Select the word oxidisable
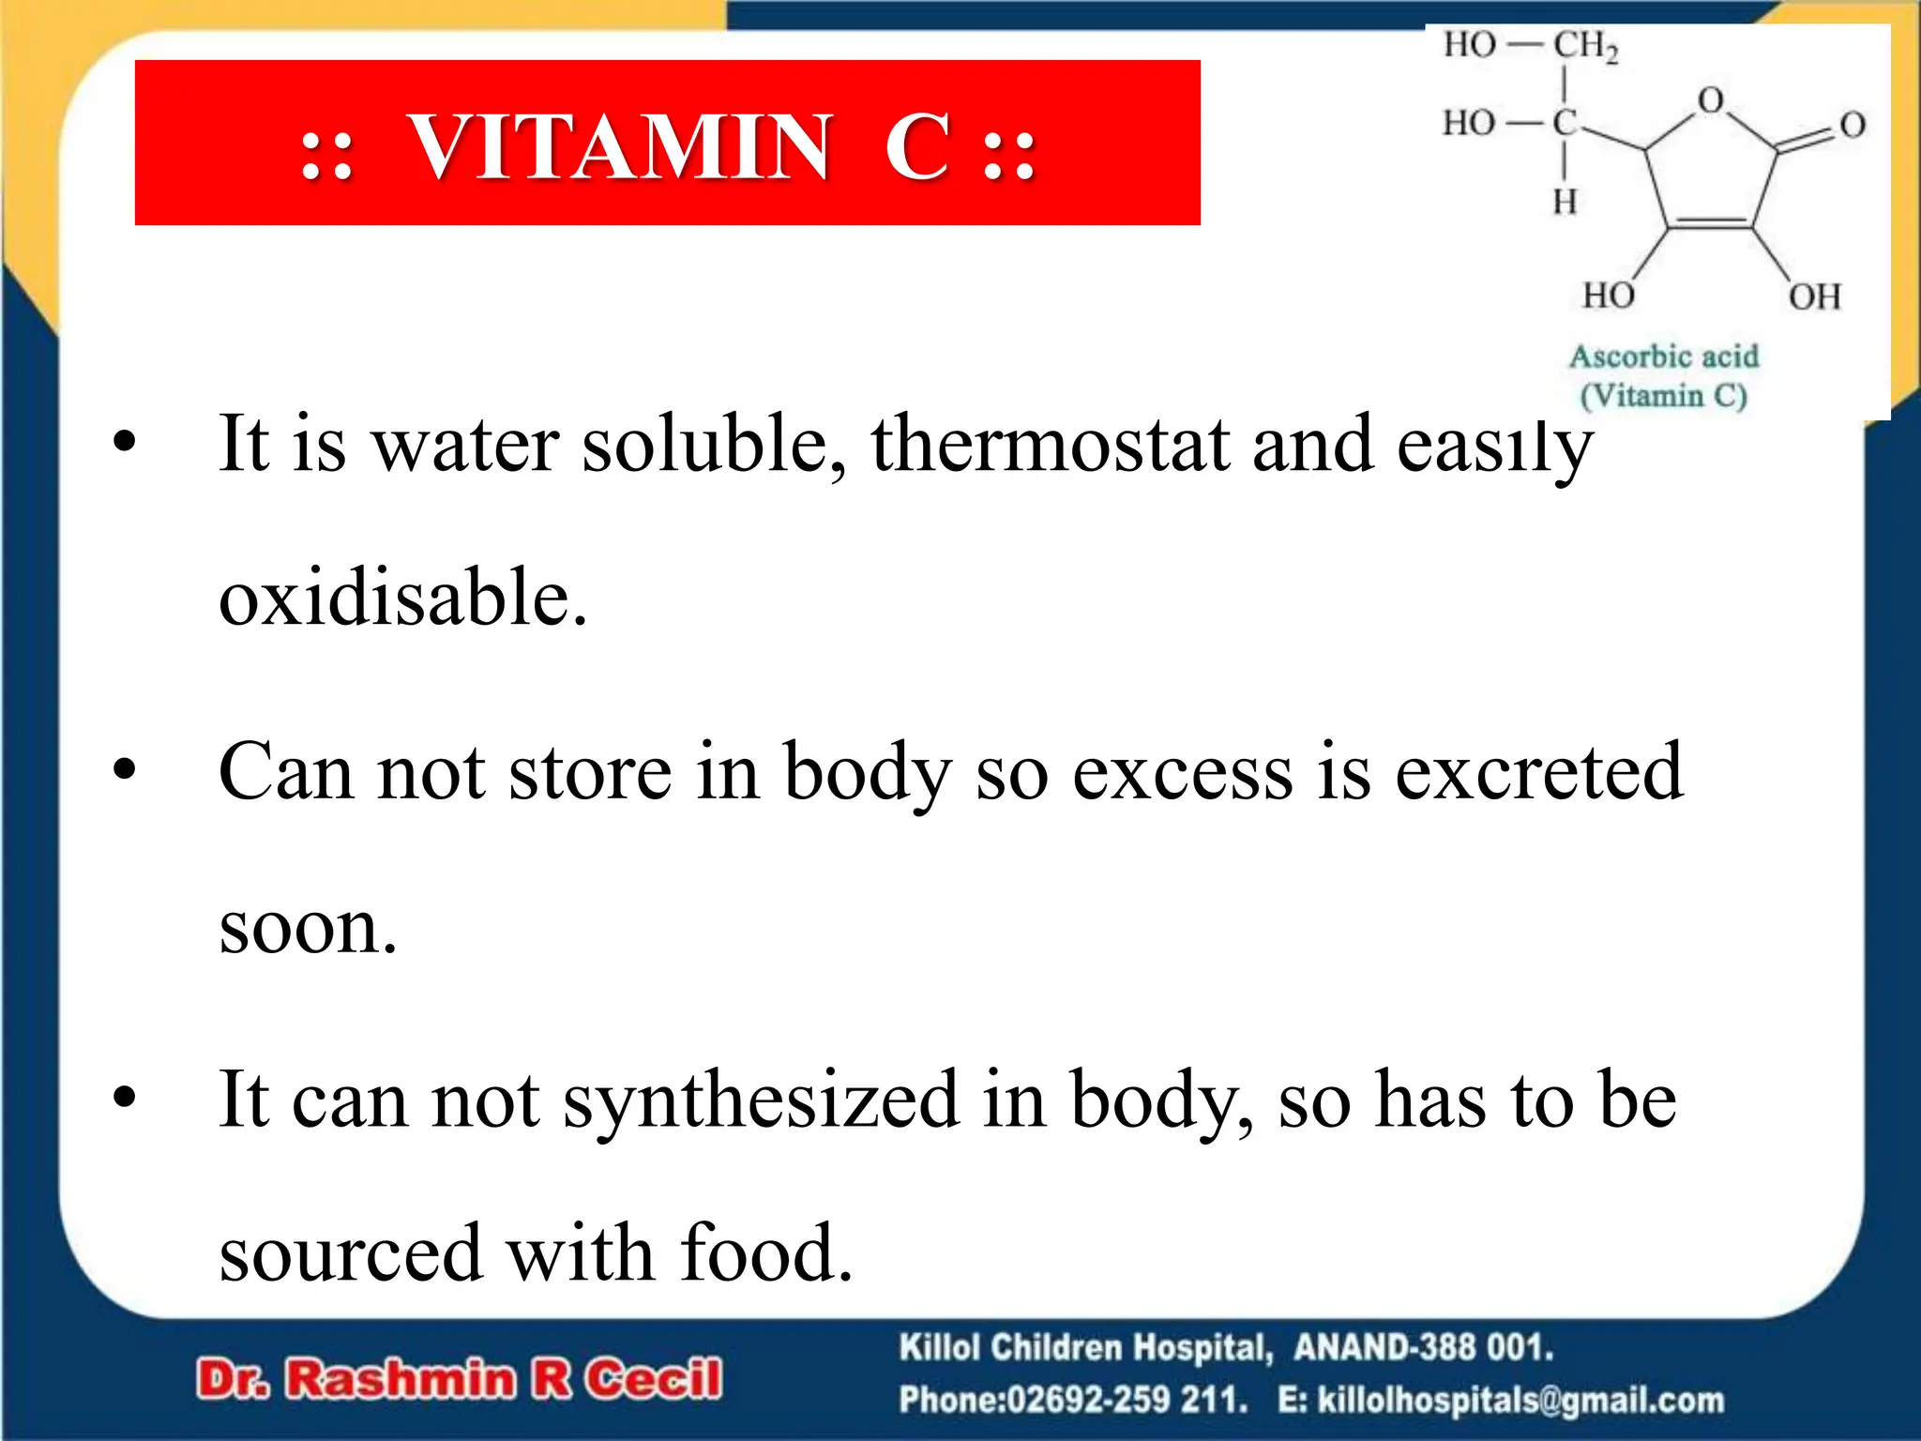402,598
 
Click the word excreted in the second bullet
1538,772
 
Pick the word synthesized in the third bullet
761,1100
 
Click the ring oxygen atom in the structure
1711,100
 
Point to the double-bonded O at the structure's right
1852,125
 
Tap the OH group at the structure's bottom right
1814,297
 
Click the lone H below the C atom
1564,202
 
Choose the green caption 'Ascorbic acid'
1664,357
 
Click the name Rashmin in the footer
400,1379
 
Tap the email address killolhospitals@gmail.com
1520,1401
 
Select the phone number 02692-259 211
1127,1401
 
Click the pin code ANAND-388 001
1423,1348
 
